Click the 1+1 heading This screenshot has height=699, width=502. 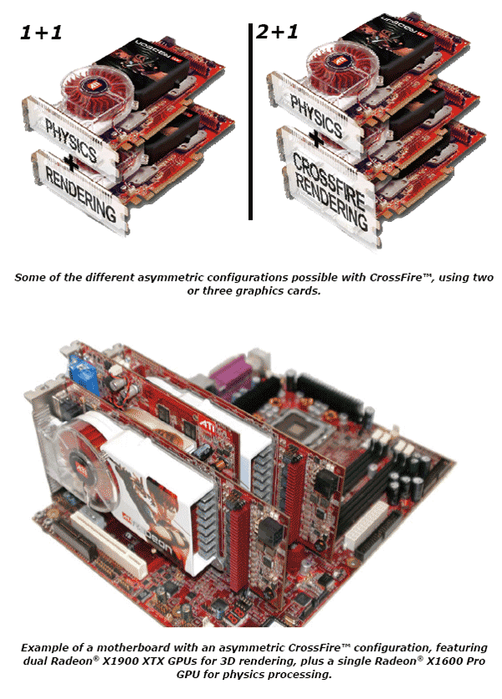pyautogui.click(x=41, y=33)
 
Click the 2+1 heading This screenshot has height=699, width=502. pyautogui.click(x=277, y=32)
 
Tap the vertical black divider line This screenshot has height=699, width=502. pyautogui.click(x=250, y=121)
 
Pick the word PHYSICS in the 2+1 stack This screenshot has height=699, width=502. pyautogui.click(x=316, y=115)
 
